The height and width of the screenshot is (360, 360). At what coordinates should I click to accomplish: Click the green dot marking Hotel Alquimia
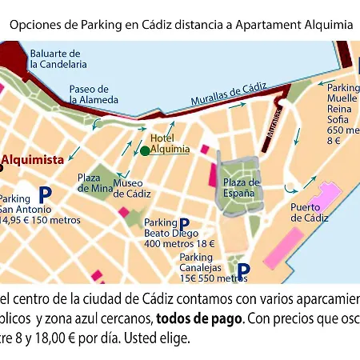[x=144, y=150]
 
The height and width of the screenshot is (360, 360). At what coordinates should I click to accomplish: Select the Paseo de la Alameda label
[x=94, y=94]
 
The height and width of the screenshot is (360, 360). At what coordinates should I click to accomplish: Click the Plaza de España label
[x=241, y=188]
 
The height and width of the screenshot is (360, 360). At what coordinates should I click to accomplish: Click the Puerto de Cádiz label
[x=310, y=212]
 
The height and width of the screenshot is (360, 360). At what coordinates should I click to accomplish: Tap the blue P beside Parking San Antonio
[x=45, y=194]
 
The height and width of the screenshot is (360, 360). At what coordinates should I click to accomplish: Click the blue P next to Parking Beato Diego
[x=184, y=225]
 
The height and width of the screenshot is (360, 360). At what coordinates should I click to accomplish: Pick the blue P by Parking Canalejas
[x=244, y=270]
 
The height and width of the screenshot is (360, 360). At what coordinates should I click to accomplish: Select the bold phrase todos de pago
[x=199, y=318]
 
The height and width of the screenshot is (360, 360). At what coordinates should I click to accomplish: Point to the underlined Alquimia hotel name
[x=170, y=149]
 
